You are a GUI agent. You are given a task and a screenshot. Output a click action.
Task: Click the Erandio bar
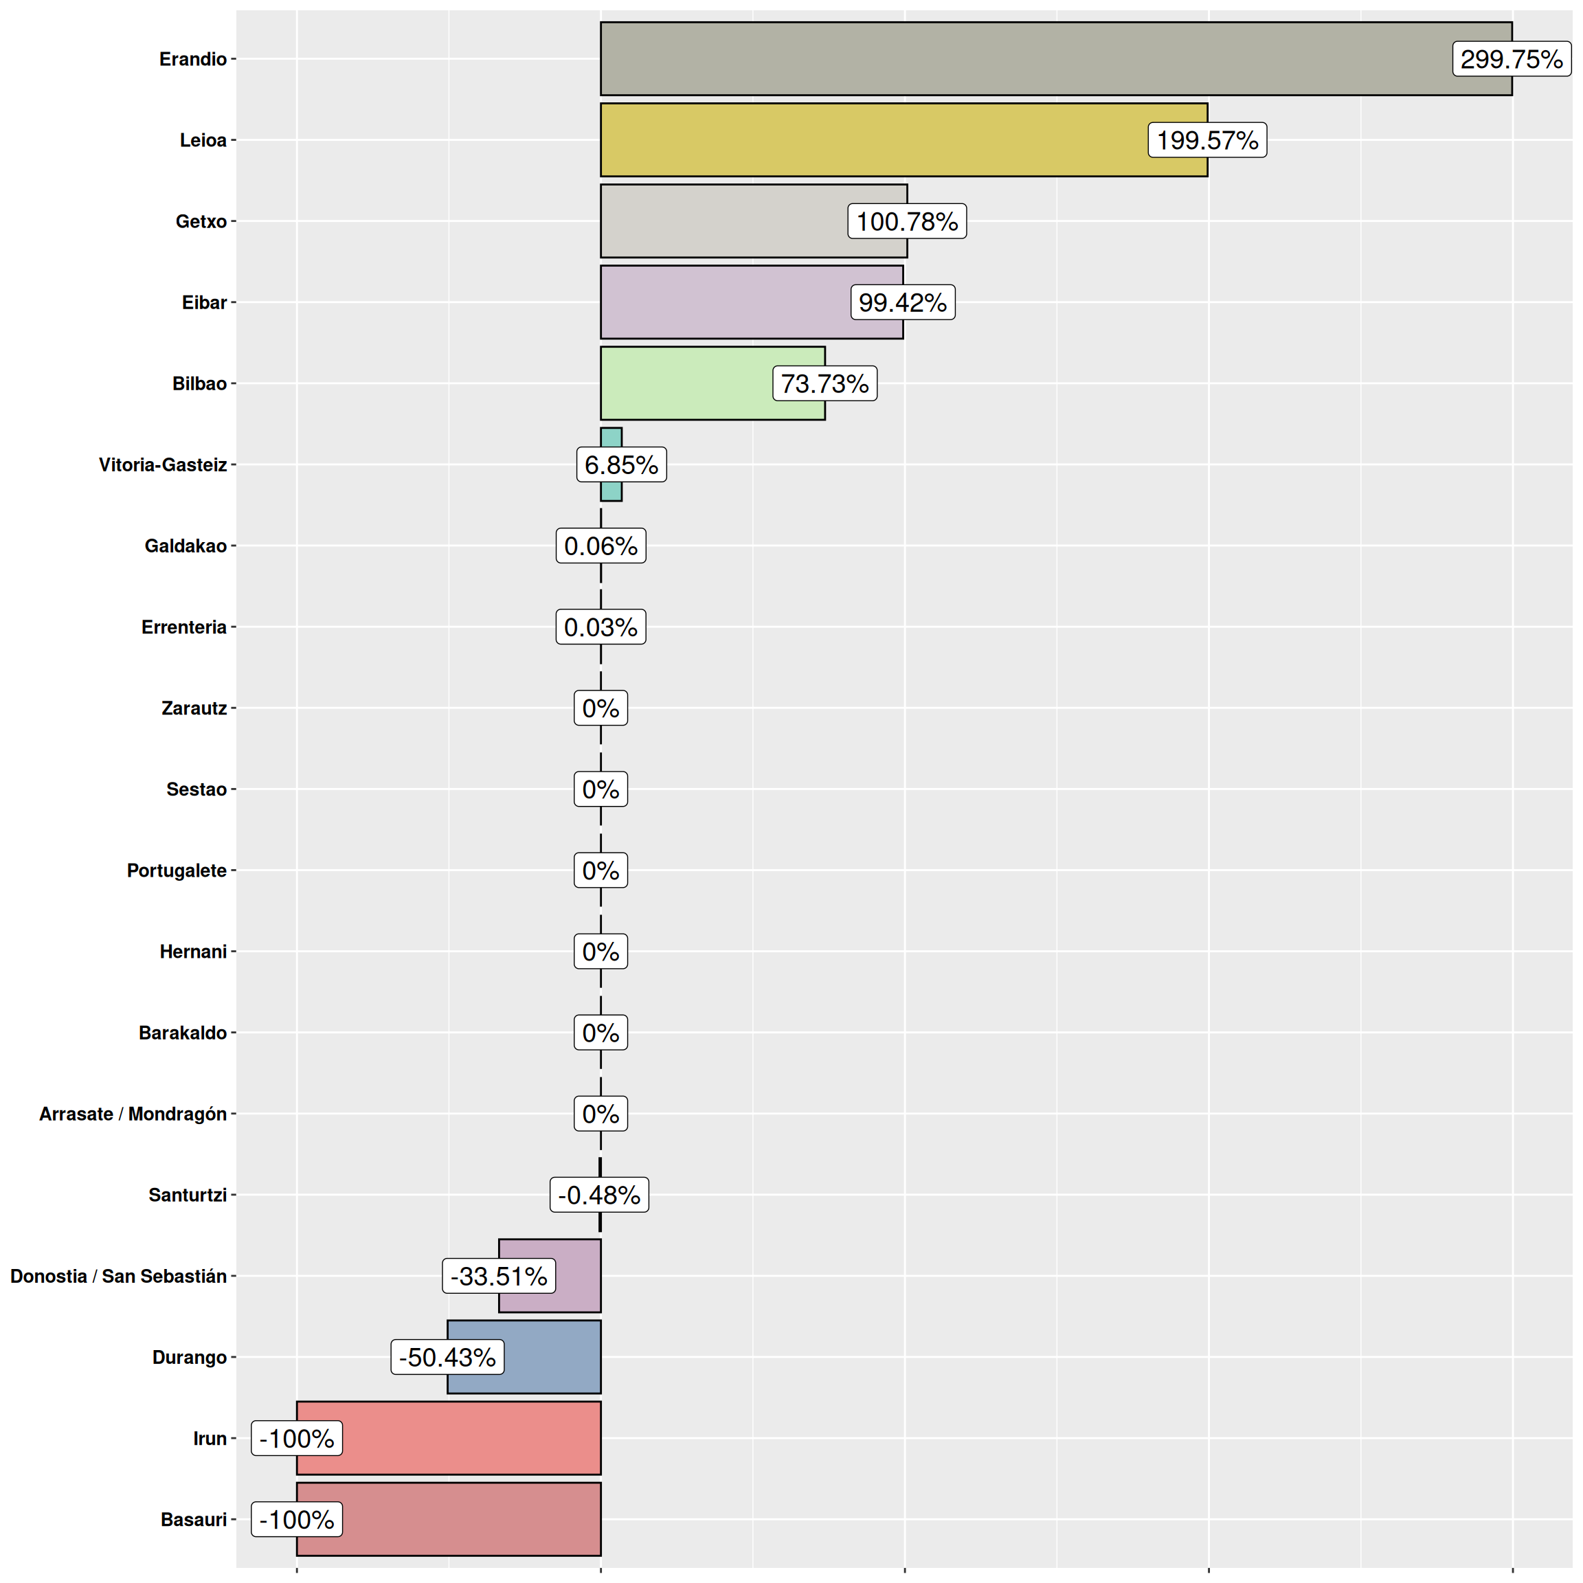click(1024, 59)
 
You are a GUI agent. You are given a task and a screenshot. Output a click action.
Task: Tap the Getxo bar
click(721, 221)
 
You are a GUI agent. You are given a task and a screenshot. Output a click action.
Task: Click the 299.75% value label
click(1511, 59)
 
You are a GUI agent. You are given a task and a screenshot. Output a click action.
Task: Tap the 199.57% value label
click(1207, 140)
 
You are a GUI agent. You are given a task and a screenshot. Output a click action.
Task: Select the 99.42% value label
click(902, 302)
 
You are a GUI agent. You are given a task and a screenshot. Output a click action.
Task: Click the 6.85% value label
click(621, 464)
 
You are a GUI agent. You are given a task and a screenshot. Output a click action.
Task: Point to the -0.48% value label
click(599, 1195)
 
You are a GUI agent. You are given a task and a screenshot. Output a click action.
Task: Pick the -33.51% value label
click(498, 1276)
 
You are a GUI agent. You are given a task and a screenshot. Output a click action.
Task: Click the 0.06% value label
click(600, 546)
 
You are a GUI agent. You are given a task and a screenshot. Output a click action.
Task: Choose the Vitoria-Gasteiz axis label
click(162, 464)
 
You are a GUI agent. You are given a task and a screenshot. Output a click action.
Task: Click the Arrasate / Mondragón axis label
click(133, 1114)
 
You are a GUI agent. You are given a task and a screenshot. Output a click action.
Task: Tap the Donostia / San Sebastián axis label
click(118, 1276)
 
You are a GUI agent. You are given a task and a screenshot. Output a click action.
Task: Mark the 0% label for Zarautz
click(600, 708)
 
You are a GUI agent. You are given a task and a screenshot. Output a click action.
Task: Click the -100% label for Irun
click(296, 1438)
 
